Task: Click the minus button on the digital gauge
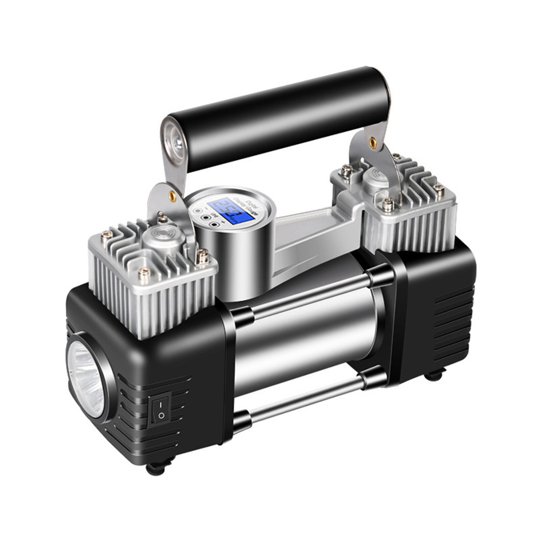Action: [196, 210]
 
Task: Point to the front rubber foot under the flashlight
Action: [156, 468]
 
